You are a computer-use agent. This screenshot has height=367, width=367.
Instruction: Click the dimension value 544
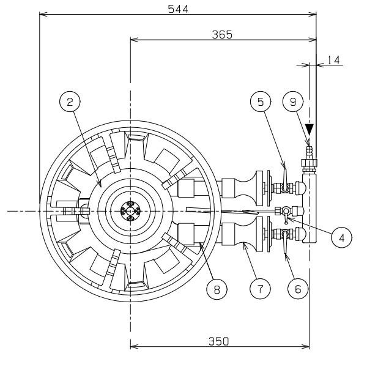pos(178,9)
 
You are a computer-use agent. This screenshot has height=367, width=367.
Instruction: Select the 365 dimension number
pos(222,35)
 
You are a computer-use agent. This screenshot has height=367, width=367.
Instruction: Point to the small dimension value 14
pos(333,60)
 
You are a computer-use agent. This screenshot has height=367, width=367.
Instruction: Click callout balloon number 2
pos(70,102)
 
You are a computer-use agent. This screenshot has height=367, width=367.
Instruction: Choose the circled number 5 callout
pos(261,102)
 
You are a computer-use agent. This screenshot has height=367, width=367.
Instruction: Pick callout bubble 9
pos(293,102)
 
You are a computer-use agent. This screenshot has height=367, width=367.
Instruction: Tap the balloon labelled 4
pos(342,237)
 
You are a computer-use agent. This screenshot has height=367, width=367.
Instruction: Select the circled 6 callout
pos(298,289)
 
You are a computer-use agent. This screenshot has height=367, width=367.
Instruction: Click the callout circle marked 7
pos(261,289)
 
